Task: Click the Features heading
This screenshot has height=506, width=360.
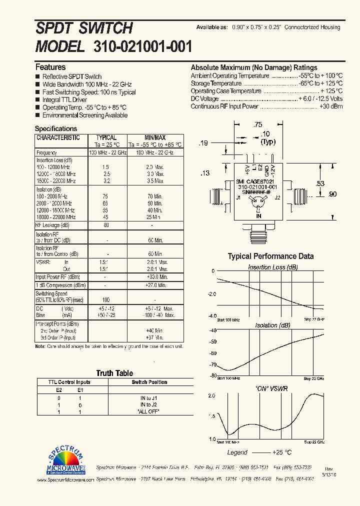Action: (x=50, y=67)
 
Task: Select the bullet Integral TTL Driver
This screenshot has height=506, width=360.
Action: (x=64, y=100)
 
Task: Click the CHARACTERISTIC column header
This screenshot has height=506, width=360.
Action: (x=58, y=137)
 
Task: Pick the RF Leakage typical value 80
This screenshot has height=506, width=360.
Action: (x=105, y=225)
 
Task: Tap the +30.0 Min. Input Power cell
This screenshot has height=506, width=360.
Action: (x=156, y=277)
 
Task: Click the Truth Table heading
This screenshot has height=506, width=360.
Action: (x=114, y=373)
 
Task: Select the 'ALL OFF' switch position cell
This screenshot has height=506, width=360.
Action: (x=149, y=411)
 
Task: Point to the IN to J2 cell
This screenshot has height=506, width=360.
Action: (x=149, y=404)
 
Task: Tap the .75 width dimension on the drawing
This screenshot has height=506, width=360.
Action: (x=257, y=124)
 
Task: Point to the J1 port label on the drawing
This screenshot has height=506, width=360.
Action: (x=238, y=198)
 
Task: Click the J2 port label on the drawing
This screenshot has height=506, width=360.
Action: (x=278, y=198)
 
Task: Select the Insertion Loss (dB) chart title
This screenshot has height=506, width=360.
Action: (x=272, y=267)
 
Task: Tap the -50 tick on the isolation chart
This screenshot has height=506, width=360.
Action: (x=212, y=341)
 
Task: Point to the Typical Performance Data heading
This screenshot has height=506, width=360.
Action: (x=270, y=256)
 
